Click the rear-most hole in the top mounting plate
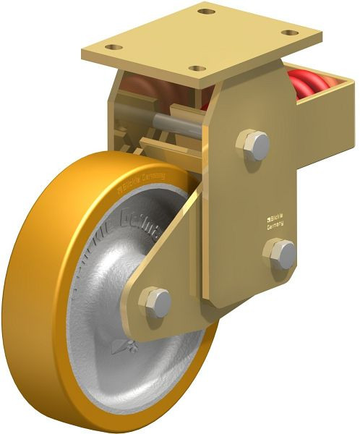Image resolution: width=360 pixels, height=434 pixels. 207,12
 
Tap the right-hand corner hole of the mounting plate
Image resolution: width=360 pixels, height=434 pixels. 290,33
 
